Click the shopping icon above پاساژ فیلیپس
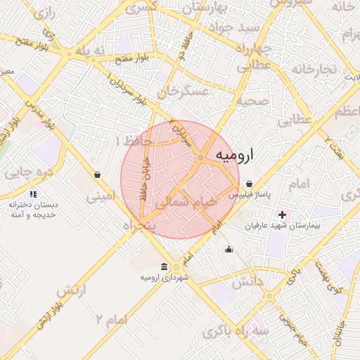tap(249, 184)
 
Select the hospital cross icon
tap(283, 214)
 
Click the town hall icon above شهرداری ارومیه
tap(164, 266)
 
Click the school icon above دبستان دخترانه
tap(33, 194)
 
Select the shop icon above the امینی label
tap(96, 174)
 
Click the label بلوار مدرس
tap(41, 112)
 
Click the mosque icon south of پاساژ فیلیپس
tap(229, 248)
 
